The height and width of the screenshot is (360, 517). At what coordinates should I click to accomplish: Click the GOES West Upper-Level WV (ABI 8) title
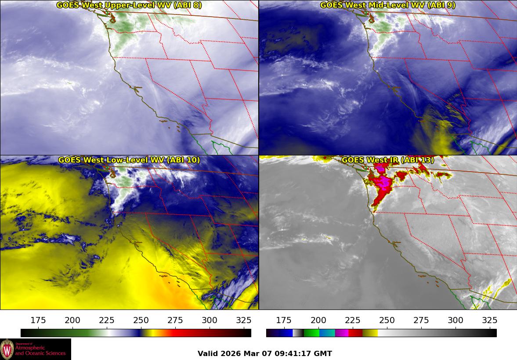(x=129, y=5)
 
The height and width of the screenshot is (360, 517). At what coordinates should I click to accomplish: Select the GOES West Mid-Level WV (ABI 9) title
(x=387, y=5)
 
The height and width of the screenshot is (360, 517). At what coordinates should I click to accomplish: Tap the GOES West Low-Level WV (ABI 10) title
(x=129, y=160)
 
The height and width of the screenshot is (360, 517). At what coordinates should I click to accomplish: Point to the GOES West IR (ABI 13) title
(x=387, y=160)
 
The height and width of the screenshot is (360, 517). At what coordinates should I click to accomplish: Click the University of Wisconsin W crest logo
(x=7, y=349)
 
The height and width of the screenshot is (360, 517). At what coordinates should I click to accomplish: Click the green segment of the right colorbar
(x=311, y=333)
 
